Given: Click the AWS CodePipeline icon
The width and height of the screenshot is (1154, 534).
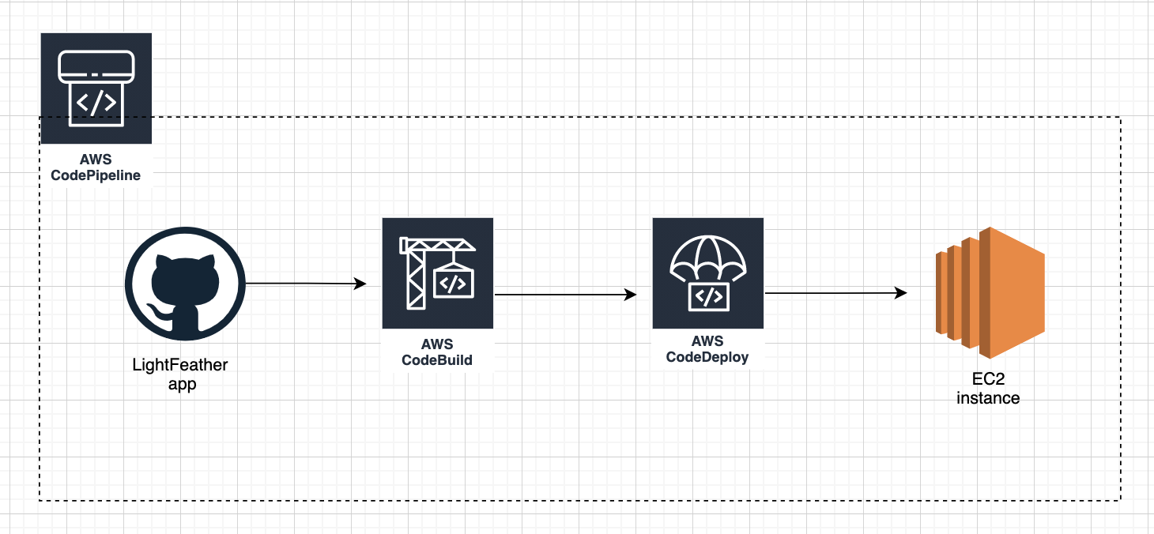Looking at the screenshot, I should (x=96, y=88).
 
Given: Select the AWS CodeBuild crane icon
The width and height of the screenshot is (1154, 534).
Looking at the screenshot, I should (x=437, y=273).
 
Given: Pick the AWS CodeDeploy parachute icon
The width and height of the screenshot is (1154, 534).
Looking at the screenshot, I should (x=707, y=273).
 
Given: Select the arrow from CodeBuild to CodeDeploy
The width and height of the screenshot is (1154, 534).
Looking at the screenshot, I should (x=565, y=295).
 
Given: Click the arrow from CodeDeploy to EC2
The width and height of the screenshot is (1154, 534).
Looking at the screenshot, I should (x=835, y=293).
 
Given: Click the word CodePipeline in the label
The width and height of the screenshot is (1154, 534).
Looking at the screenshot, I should (x=96, y=175).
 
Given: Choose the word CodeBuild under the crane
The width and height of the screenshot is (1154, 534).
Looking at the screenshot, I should (x=437, y=360).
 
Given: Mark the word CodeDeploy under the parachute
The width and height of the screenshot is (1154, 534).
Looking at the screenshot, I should (x=707, y=356).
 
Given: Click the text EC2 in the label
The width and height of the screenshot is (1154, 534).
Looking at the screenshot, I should (x=988, y=380).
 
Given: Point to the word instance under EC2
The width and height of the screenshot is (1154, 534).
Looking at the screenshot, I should (x=988, y=398).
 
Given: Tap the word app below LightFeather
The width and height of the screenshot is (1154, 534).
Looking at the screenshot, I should (x=183, y=385).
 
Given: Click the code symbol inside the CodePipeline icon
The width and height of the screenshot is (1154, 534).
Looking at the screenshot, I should (x=96, y=102).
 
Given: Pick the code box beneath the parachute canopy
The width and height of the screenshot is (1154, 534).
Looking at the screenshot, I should (x=707, y=296).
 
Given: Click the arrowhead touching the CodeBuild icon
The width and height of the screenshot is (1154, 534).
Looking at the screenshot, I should (x=361, y=284).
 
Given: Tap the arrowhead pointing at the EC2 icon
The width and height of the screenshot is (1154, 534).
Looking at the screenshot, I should (x=901, y=293).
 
